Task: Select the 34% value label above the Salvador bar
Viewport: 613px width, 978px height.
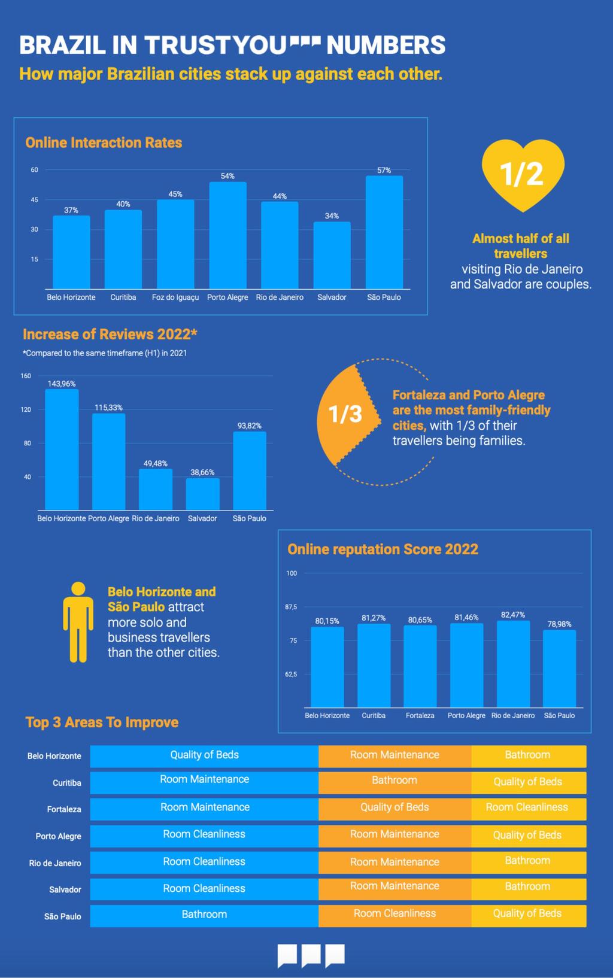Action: point(332,216)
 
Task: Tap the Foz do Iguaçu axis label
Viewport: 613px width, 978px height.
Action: point(175,297)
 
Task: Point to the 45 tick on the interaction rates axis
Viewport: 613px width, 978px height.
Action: point(35,200)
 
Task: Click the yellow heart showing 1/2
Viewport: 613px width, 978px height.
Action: point(523,174)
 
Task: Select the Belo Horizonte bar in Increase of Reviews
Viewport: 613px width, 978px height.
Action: point(62,449)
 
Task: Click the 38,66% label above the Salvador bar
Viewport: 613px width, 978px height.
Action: point(202,472)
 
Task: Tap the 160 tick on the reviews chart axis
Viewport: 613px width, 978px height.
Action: point(26,376)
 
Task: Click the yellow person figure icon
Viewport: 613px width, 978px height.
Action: point(78,622)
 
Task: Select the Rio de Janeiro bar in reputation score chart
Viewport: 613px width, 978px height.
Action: point(513,664)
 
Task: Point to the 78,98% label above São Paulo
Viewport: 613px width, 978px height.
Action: point(559,624)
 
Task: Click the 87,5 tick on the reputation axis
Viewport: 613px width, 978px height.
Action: point(291,607)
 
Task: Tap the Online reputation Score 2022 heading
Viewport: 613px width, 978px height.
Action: point(383,549)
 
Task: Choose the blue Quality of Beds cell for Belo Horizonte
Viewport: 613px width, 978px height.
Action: point(204,755)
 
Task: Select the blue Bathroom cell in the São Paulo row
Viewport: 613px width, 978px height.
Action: point(204,915)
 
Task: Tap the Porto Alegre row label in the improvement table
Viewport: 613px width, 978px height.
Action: point(58,836)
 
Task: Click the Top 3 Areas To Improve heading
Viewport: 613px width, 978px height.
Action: point(102,722)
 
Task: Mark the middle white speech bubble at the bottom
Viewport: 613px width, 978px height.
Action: point(311,955)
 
